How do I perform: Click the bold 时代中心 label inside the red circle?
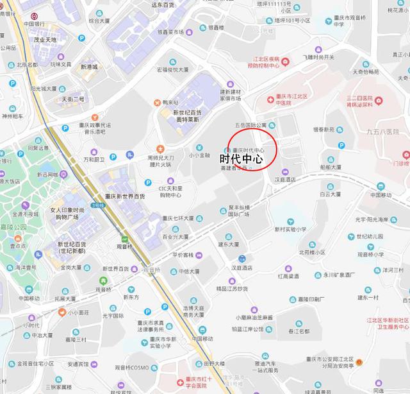[242, 159]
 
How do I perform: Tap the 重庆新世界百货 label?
[125, 196]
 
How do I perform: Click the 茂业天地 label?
[45, 40]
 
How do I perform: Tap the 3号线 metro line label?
[97, 205]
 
